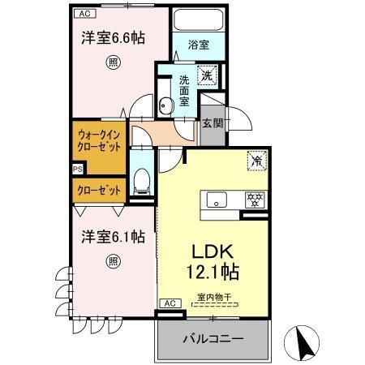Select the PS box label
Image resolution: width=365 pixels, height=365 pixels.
tap(77, 170)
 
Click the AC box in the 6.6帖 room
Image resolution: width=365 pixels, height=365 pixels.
tap(84, 14)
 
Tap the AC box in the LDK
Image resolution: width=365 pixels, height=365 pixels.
tap(170, 303)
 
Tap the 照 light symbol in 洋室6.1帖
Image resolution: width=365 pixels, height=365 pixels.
tap(113, 261)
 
